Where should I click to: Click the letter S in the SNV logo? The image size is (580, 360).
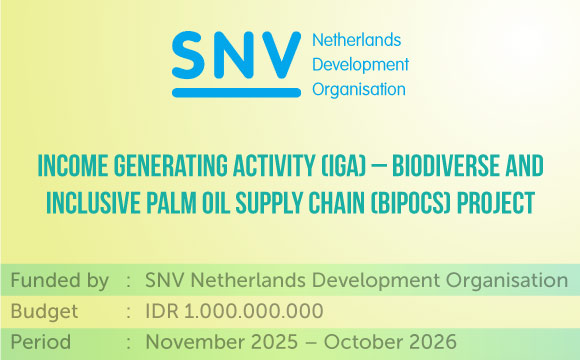click(188, 55)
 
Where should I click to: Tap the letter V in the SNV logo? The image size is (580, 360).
click(276, 55)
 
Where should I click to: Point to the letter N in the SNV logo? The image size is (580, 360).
click(229, 55)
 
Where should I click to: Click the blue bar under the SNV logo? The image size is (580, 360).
click(236, 92)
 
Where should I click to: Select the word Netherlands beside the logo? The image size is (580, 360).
click(357, 40)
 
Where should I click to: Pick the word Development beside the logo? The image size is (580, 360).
click(361, 65)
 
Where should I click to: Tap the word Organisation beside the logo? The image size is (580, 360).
click(359, 90)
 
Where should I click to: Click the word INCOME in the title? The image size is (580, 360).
click(73, 166)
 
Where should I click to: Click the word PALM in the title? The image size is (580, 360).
click(171, 203)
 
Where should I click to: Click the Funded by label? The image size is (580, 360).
click(60, 280)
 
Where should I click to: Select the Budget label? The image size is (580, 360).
click(44, 311)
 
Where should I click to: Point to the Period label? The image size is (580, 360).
click(41, 342)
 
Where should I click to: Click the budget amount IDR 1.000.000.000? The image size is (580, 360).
click(235, 311)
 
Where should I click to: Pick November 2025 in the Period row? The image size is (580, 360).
click(222, 342)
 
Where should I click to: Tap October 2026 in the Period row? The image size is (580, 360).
click(390, 342)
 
